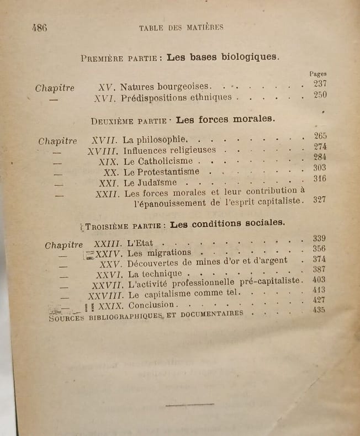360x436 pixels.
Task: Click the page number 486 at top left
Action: [39, 28]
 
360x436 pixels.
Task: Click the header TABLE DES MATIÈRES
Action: [181, 27]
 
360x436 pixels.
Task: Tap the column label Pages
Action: [318, 73]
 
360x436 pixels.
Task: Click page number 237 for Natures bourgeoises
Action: [320, 84]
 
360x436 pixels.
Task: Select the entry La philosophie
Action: [156, 140]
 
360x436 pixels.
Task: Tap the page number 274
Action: [320, 147]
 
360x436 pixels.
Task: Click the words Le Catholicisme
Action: [158, 161]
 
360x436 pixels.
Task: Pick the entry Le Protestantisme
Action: [161, 172]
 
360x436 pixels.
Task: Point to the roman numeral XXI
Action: [108, 183]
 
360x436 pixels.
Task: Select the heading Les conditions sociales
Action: [227, 224]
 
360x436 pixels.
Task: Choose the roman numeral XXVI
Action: [108, 274]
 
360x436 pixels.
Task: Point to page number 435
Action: [319, 310]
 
